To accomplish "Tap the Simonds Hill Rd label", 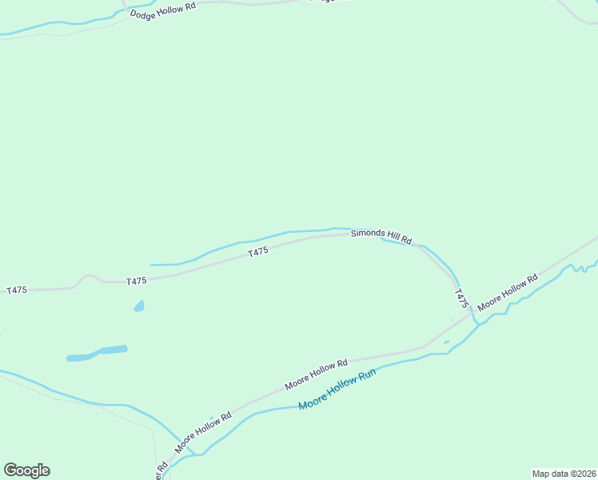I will point(381,235).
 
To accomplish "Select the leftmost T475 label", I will point(17,290).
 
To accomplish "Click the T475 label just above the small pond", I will point(137,281).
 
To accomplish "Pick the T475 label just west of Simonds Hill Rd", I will point(257,252).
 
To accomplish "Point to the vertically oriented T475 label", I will point(460,299).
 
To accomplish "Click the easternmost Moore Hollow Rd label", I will point(508,295).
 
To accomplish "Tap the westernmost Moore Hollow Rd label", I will point(203,430).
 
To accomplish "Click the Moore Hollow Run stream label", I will point(337,390).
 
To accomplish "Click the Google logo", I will point(26,470).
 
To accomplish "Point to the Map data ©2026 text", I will point(564,474).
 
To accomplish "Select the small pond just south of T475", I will point(139,306).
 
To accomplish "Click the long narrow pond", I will point(97,353).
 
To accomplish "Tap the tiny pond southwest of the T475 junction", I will point(447,342).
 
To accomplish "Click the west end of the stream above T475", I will point(152,265).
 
